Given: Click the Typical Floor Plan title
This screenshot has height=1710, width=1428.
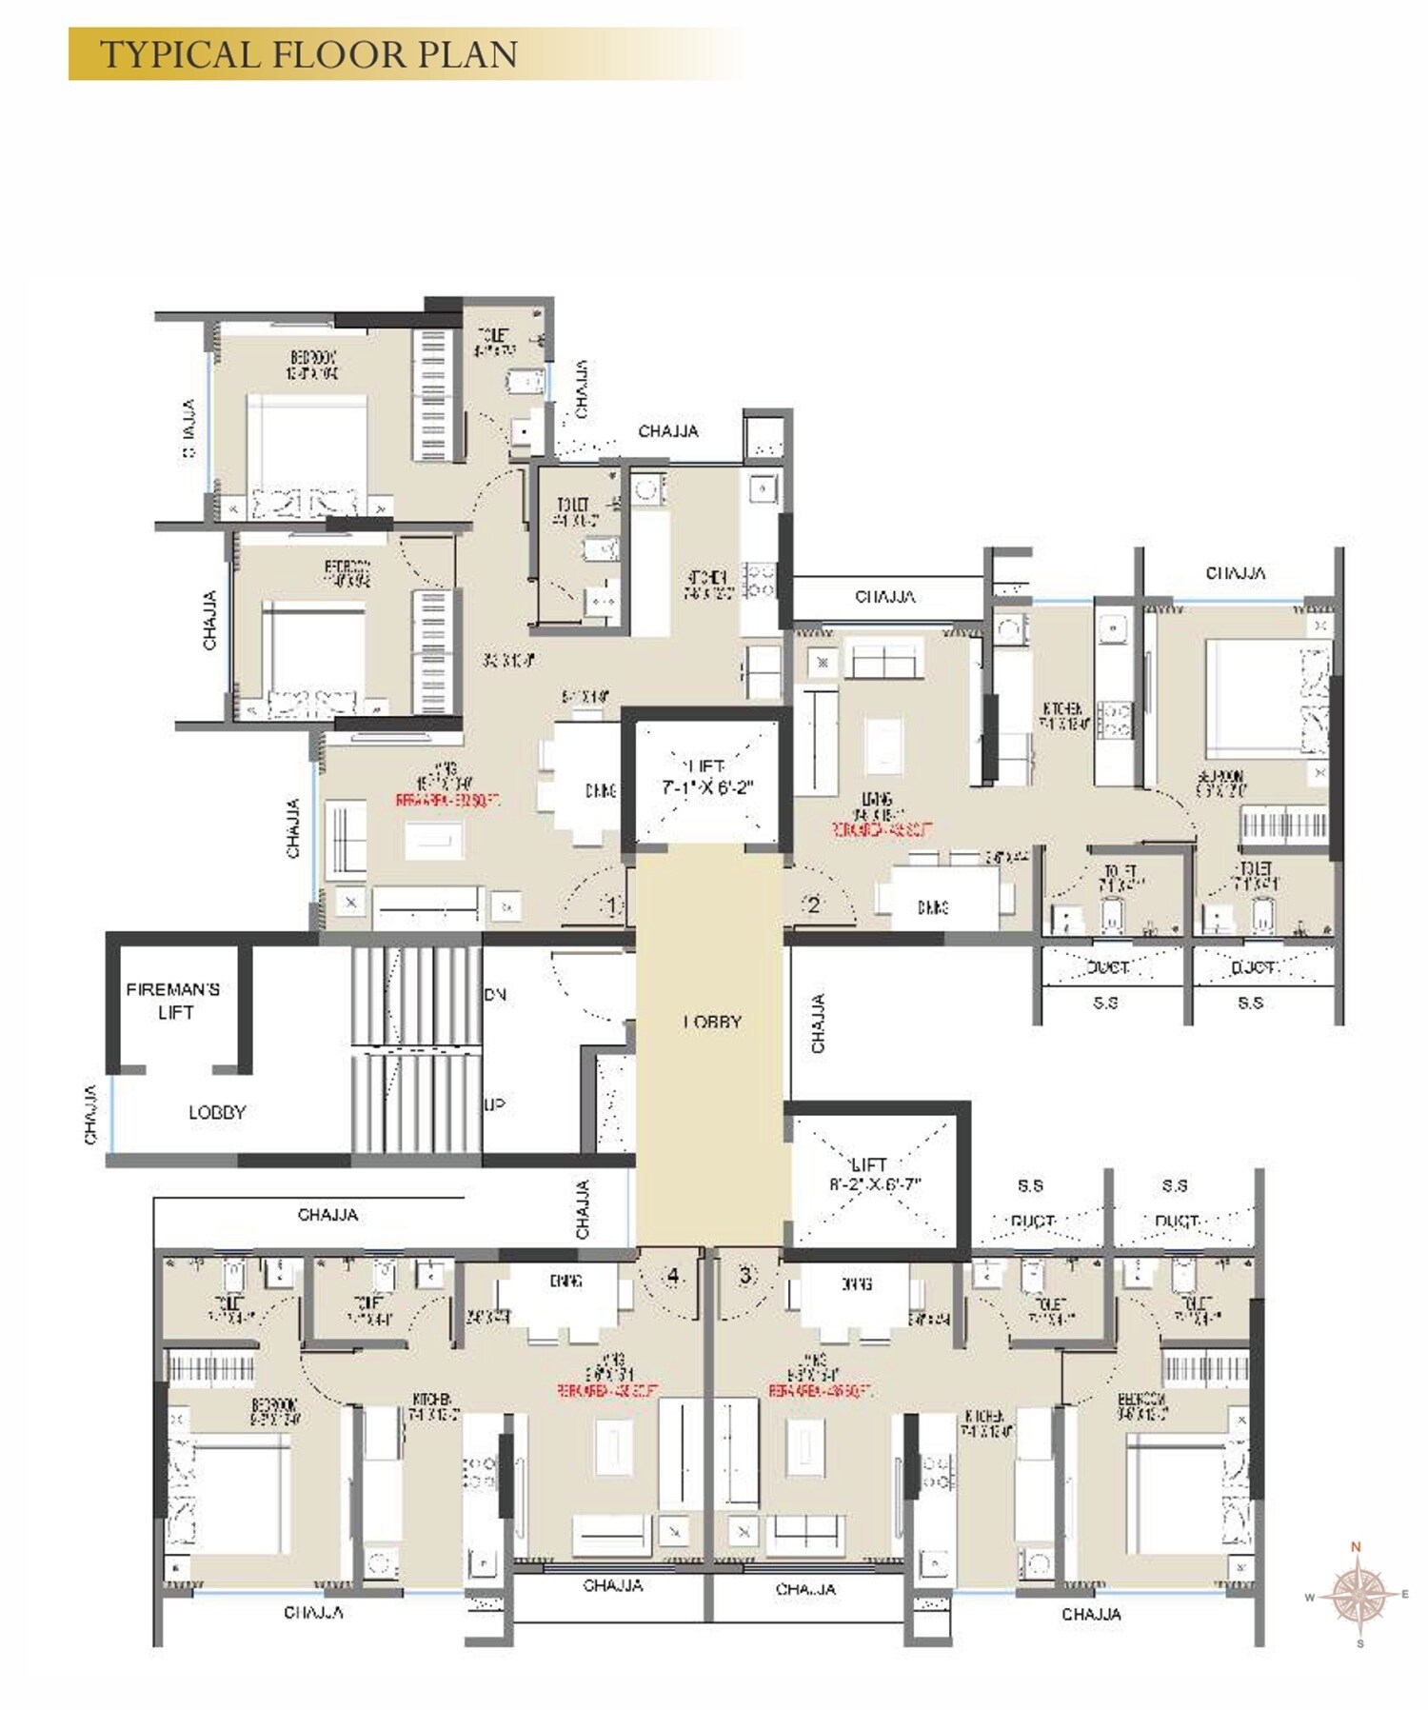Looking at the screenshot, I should (308, 54).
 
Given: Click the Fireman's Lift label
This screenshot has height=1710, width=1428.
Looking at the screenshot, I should (173, 1001).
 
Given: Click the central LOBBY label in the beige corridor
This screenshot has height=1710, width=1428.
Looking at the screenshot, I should (712, 1022).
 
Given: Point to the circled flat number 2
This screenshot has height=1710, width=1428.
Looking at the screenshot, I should (813, 905).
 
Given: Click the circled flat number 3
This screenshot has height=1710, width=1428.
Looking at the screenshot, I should (745, 1275).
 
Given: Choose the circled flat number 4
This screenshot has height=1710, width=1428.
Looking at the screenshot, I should (674, 1275).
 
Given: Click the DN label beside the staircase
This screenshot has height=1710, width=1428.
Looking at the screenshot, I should (495, 995).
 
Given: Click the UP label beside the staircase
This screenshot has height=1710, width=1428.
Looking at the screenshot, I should (494, 1104).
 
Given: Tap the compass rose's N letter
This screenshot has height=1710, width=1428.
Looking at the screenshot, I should (1357, 1547).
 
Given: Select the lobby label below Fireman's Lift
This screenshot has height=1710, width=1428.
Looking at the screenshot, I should (217, 1112).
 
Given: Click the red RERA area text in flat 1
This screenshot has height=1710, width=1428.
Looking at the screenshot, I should (447, 802).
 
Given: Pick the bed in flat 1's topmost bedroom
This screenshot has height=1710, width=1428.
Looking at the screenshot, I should (307, 447).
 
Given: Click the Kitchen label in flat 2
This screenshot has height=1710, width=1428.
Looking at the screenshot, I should (1061, 716).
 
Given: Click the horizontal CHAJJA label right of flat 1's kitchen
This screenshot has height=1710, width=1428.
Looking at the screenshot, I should (885, 597).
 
